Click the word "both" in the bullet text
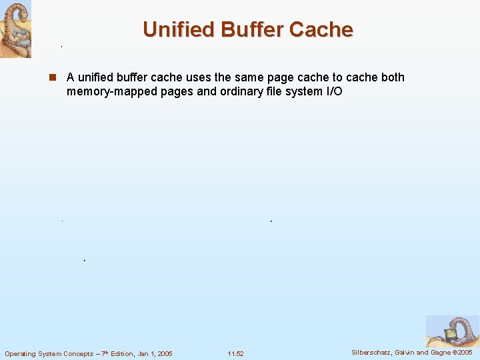coord(392,77)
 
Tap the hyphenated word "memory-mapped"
coord(112,91)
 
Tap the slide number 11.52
coord(235,353)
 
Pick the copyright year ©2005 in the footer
coord(461,352)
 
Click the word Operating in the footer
coord(22,353)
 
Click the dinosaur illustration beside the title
coord(15,29)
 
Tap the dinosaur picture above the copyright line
coord(452,331)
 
